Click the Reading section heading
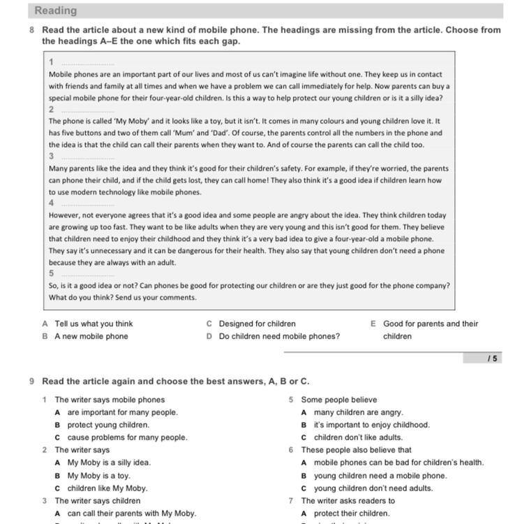point(56,10)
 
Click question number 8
point(32,30)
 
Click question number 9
point(32,381)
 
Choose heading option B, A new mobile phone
point(91,336)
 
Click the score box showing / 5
point(492,358)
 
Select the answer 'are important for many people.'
point(122,412)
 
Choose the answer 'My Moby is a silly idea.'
point(109,463)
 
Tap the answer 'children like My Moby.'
point(107,488)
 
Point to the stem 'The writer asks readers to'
point(348,500)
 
